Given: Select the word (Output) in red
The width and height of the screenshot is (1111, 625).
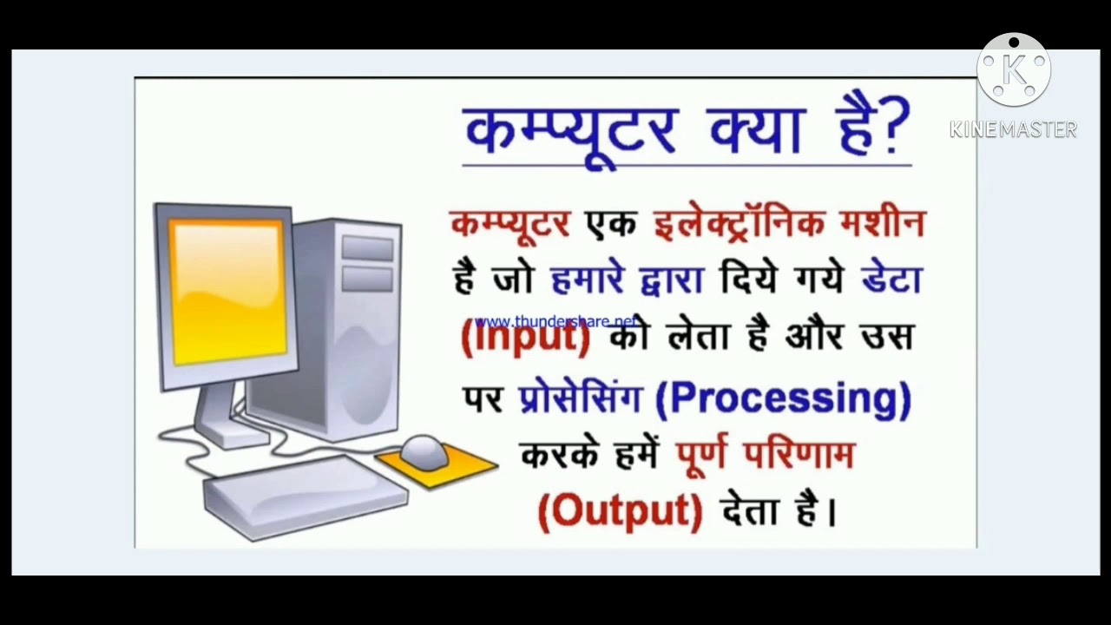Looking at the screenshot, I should click(620, 510).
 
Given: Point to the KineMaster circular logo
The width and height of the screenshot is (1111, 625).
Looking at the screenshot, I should click(1013, 69).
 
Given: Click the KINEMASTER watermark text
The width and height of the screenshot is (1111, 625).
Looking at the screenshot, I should click(1013, 130).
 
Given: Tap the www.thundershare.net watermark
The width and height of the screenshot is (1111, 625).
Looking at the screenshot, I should click(555, 321).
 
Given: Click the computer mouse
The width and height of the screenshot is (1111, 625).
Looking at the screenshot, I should click(424, 451).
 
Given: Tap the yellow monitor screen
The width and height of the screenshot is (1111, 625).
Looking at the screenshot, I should click(229, 289).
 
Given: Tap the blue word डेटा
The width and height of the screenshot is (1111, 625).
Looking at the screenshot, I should click(891, 280).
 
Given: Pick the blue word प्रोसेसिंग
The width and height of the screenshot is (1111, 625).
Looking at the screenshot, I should click(580, 398).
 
